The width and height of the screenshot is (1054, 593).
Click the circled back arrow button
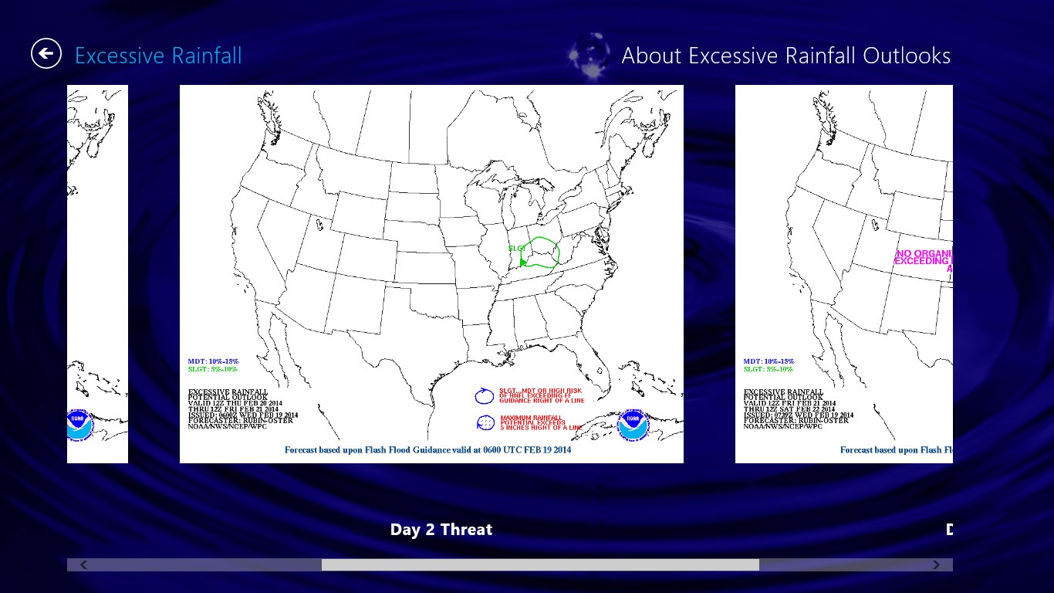[46, 53]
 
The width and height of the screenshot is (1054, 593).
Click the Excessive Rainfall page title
[158, 56]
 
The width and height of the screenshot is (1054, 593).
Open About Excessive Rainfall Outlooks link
[785, 56]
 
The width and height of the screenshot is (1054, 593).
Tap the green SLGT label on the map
[517, 248]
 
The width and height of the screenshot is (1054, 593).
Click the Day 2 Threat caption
[441, 530]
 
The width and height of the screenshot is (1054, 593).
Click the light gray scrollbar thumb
[540, 564]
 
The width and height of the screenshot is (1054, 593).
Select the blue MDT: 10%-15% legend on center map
[214, 361]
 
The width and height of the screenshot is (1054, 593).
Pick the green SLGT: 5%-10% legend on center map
[213, 369]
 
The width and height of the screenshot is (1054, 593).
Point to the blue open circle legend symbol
[484, 396]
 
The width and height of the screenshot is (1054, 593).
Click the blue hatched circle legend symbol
[485, 422]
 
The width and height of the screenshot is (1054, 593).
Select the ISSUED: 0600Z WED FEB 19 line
[243, 415]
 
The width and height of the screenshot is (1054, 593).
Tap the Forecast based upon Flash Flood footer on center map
[427, 449]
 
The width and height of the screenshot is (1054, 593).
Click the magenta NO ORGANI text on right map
[924, 253]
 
